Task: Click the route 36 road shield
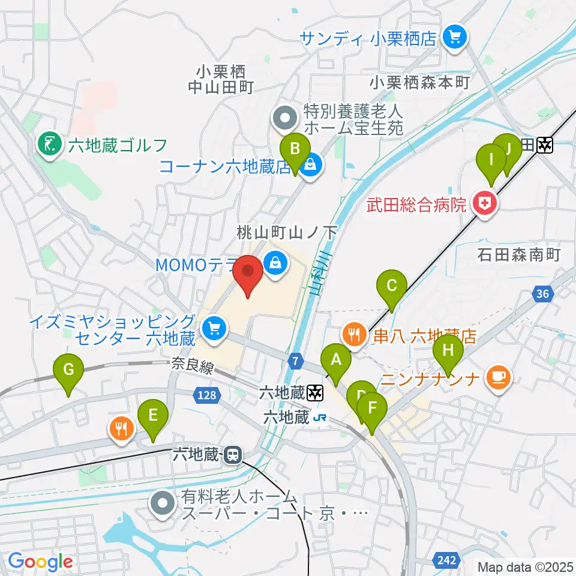click(543, 293)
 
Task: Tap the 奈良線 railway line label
click(192, 366)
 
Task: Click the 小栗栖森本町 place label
click(420, 83)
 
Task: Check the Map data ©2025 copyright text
click(524, 566)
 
